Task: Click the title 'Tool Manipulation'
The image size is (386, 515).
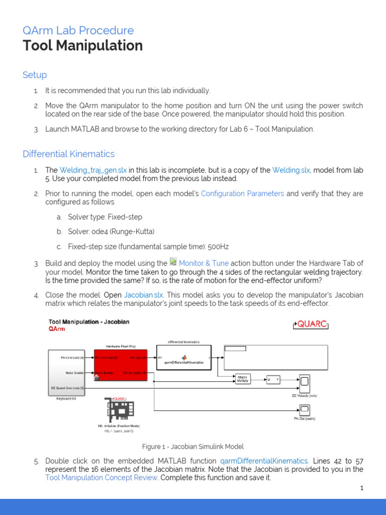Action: point(82,46)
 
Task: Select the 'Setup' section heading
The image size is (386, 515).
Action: point(35,75)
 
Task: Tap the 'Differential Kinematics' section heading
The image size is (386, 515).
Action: point(68,154)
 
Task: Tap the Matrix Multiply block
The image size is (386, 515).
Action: point(243,379)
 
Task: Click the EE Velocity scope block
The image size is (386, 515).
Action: point(305,384)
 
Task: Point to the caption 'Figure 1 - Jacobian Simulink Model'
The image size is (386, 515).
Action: point(193,447)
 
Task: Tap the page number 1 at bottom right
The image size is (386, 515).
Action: point(361,488)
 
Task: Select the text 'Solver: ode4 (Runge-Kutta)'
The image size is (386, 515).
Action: point(111,232)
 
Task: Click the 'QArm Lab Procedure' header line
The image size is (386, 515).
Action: point(78,30)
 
